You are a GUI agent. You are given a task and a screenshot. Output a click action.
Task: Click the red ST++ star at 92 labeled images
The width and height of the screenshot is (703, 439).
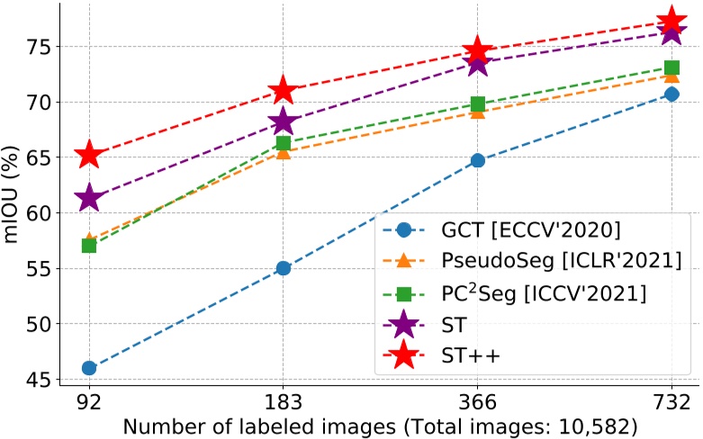(x=88, y=155)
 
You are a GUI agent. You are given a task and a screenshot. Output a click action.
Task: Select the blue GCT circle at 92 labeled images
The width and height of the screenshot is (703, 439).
(x=88, y=368)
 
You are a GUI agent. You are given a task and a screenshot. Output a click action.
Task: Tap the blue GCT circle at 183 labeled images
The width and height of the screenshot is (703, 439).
(x=284, y=268)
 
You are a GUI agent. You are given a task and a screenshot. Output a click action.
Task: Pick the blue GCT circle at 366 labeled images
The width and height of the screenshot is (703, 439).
(x=478, y=160)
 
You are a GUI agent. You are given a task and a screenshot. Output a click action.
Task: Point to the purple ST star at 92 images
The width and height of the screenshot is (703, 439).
(x=88, y=199)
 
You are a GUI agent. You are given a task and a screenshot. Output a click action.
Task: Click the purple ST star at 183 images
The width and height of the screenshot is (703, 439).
(x=284, y=121)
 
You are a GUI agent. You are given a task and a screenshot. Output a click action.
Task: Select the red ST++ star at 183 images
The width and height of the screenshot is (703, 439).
(x=284, y=90)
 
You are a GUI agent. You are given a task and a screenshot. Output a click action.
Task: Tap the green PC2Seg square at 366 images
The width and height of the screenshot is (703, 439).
(x=478, y=104)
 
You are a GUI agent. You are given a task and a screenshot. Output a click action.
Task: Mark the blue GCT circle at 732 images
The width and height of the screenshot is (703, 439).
(x=671, y=94)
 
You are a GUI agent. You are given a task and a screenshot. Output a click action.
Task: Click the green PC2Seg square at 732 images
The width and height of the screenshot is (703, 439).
(x=671, y=67)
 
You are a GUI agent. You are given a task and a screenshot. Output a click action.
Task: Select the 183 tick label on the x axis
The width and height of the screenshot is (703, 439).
(x=284, y=400)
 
